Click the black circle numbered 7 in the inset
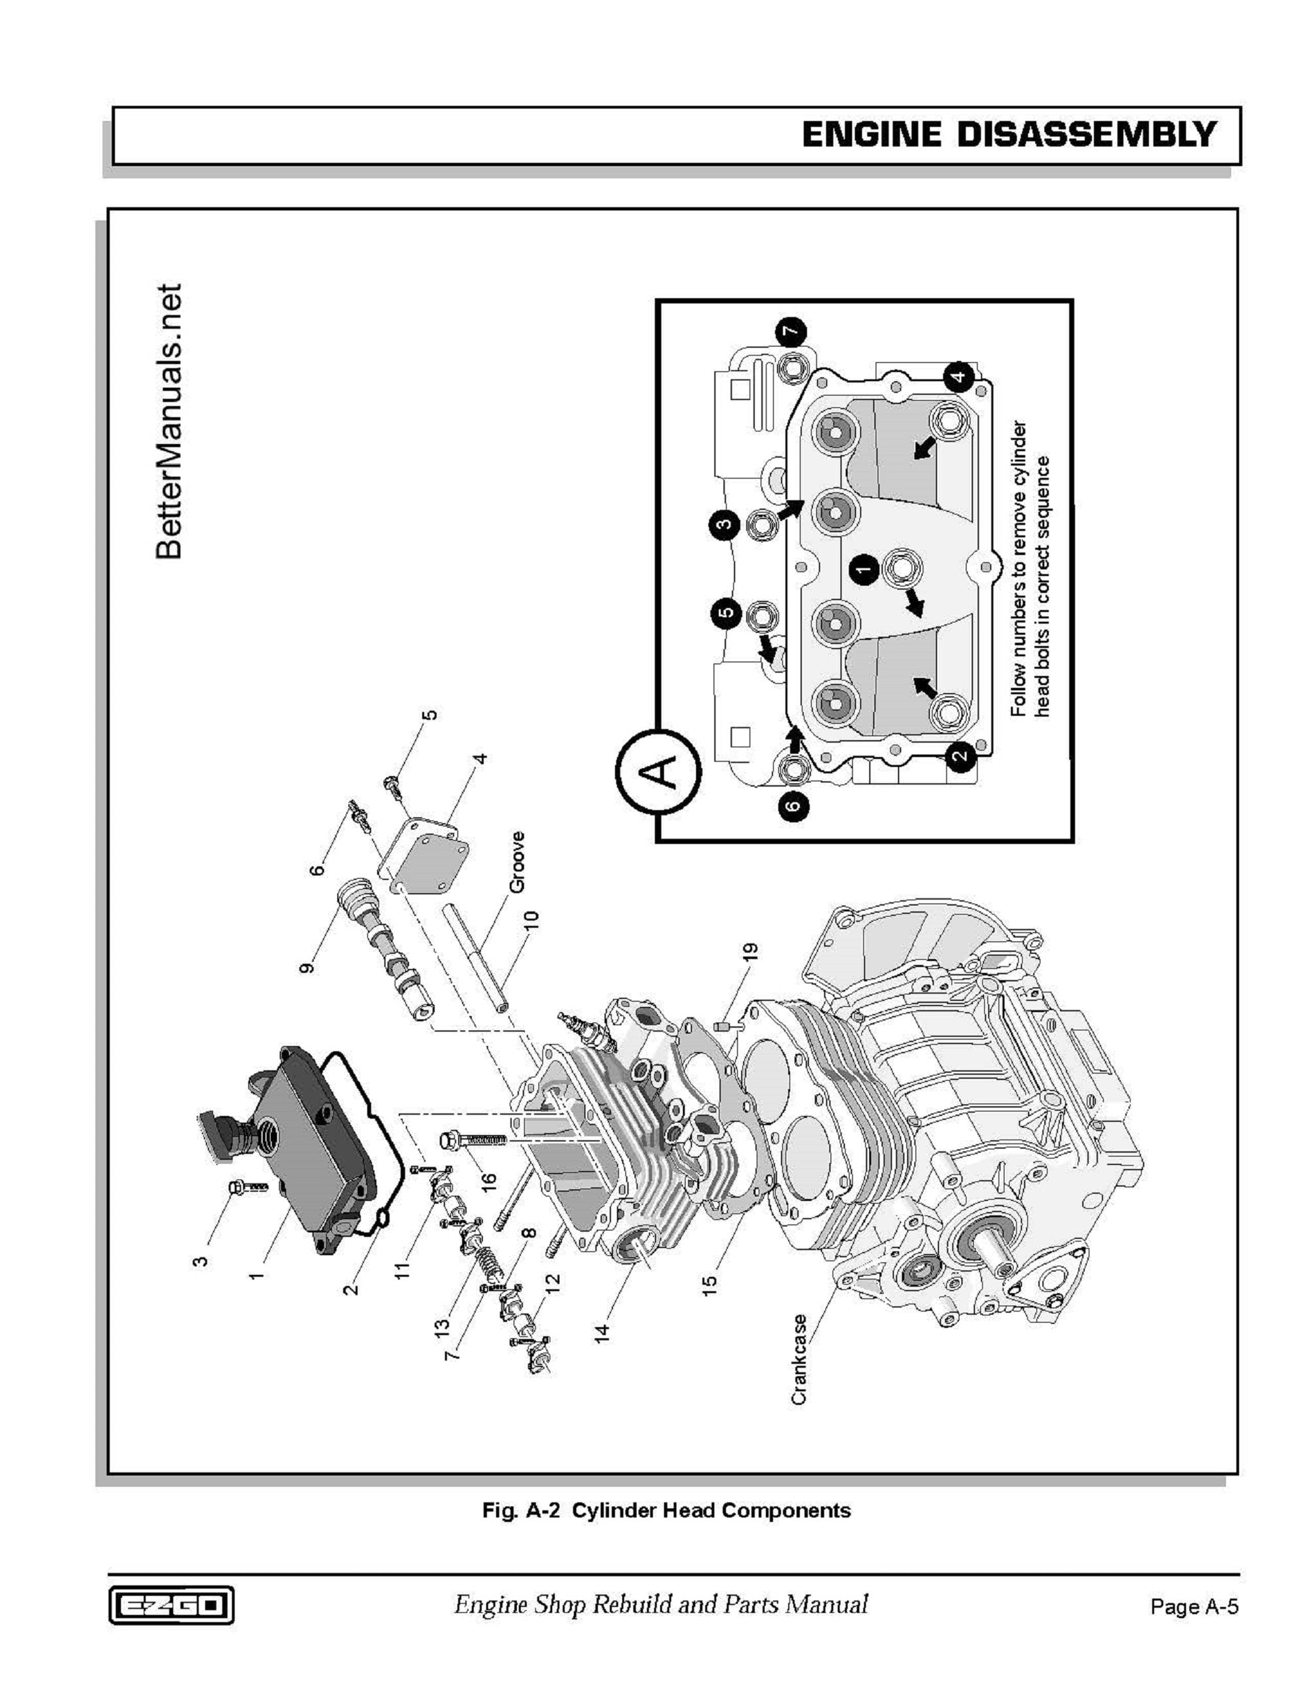[791, 332]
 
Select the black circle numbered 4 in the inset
[959, 377]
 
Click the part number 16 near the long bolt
[488, 1202]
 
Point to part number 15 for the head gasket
[709, 1285]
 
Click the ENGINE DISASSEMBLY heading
[1009, 135]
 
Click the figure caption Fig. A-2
[666, 1510]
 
